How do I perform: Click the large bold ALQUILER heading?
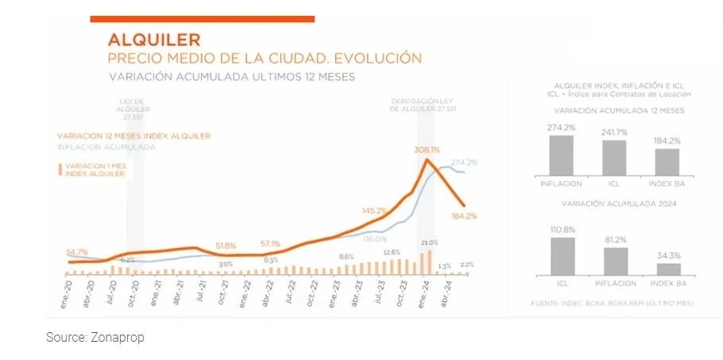pyautogui.click(x=154, y=40)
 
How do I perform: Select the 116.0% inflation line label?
pyautogui.click(x=375, y=238)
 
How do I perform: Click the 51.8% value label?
pyautogui.click(x=226, y=245)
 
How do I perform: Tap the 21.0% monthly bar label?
pyautogui.click(x=430, y=242)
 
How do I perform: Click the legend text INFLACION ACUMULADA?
pyautogui.click(x=106, y=147)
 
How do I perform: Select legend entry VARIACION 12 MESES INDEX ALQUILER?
pyautogui.click(x=133, y=136)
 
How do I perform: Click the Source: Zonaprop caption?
pyautogui.click(x=95, y=338)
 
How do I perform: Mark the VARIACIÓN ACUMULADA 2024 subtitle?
pyautogui.click(x=615, y=204)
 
